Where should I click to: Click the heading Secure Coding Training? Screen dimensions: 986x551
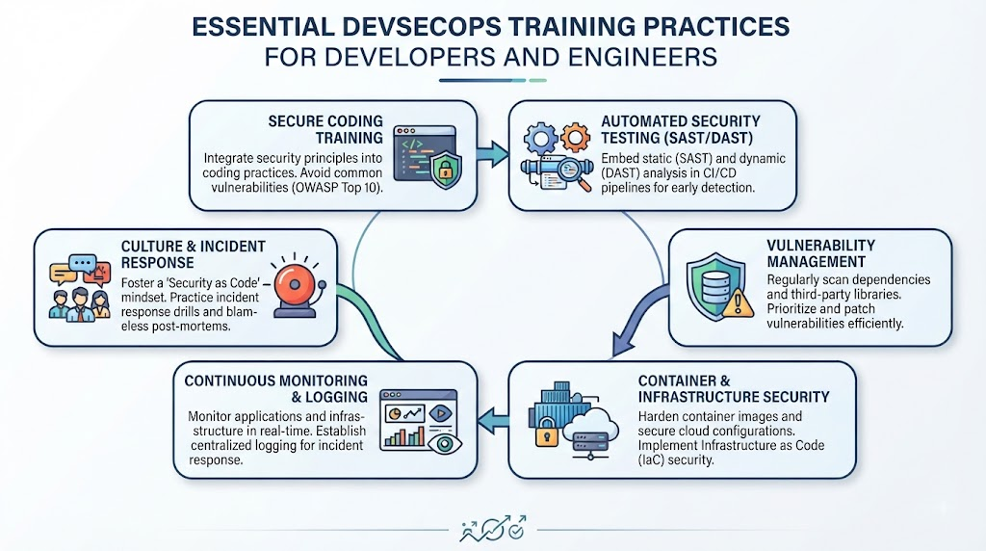click(325, 130)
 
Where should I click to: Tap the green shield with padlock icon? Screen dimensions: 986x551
click(445, 168)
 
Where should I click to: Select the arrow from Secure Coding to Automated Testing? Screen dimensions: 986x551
click(492, 154)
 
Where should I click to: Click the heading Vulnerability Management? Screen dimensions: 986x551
click(820, 253)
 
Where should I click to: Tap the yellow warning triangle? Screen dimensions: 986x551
click(738, 303)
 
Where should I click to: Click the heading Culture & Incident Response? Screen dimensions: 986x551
click(193, 254)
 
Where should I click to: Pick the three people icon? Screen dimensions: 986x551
click(80, 305)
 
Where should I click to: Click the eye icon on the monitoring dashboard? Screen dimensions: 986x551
click(445, 443)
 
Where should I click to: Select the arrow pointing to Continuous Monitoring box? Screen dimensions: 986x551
click(493, 420)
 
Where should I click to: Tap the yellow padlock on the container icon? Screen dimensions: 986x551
click(547, 433)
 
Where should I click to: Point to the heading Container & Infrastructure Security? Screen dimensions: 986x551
click(733, 389)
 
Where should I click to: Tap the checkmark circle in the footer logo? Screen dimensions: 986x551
click(517, 532)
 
